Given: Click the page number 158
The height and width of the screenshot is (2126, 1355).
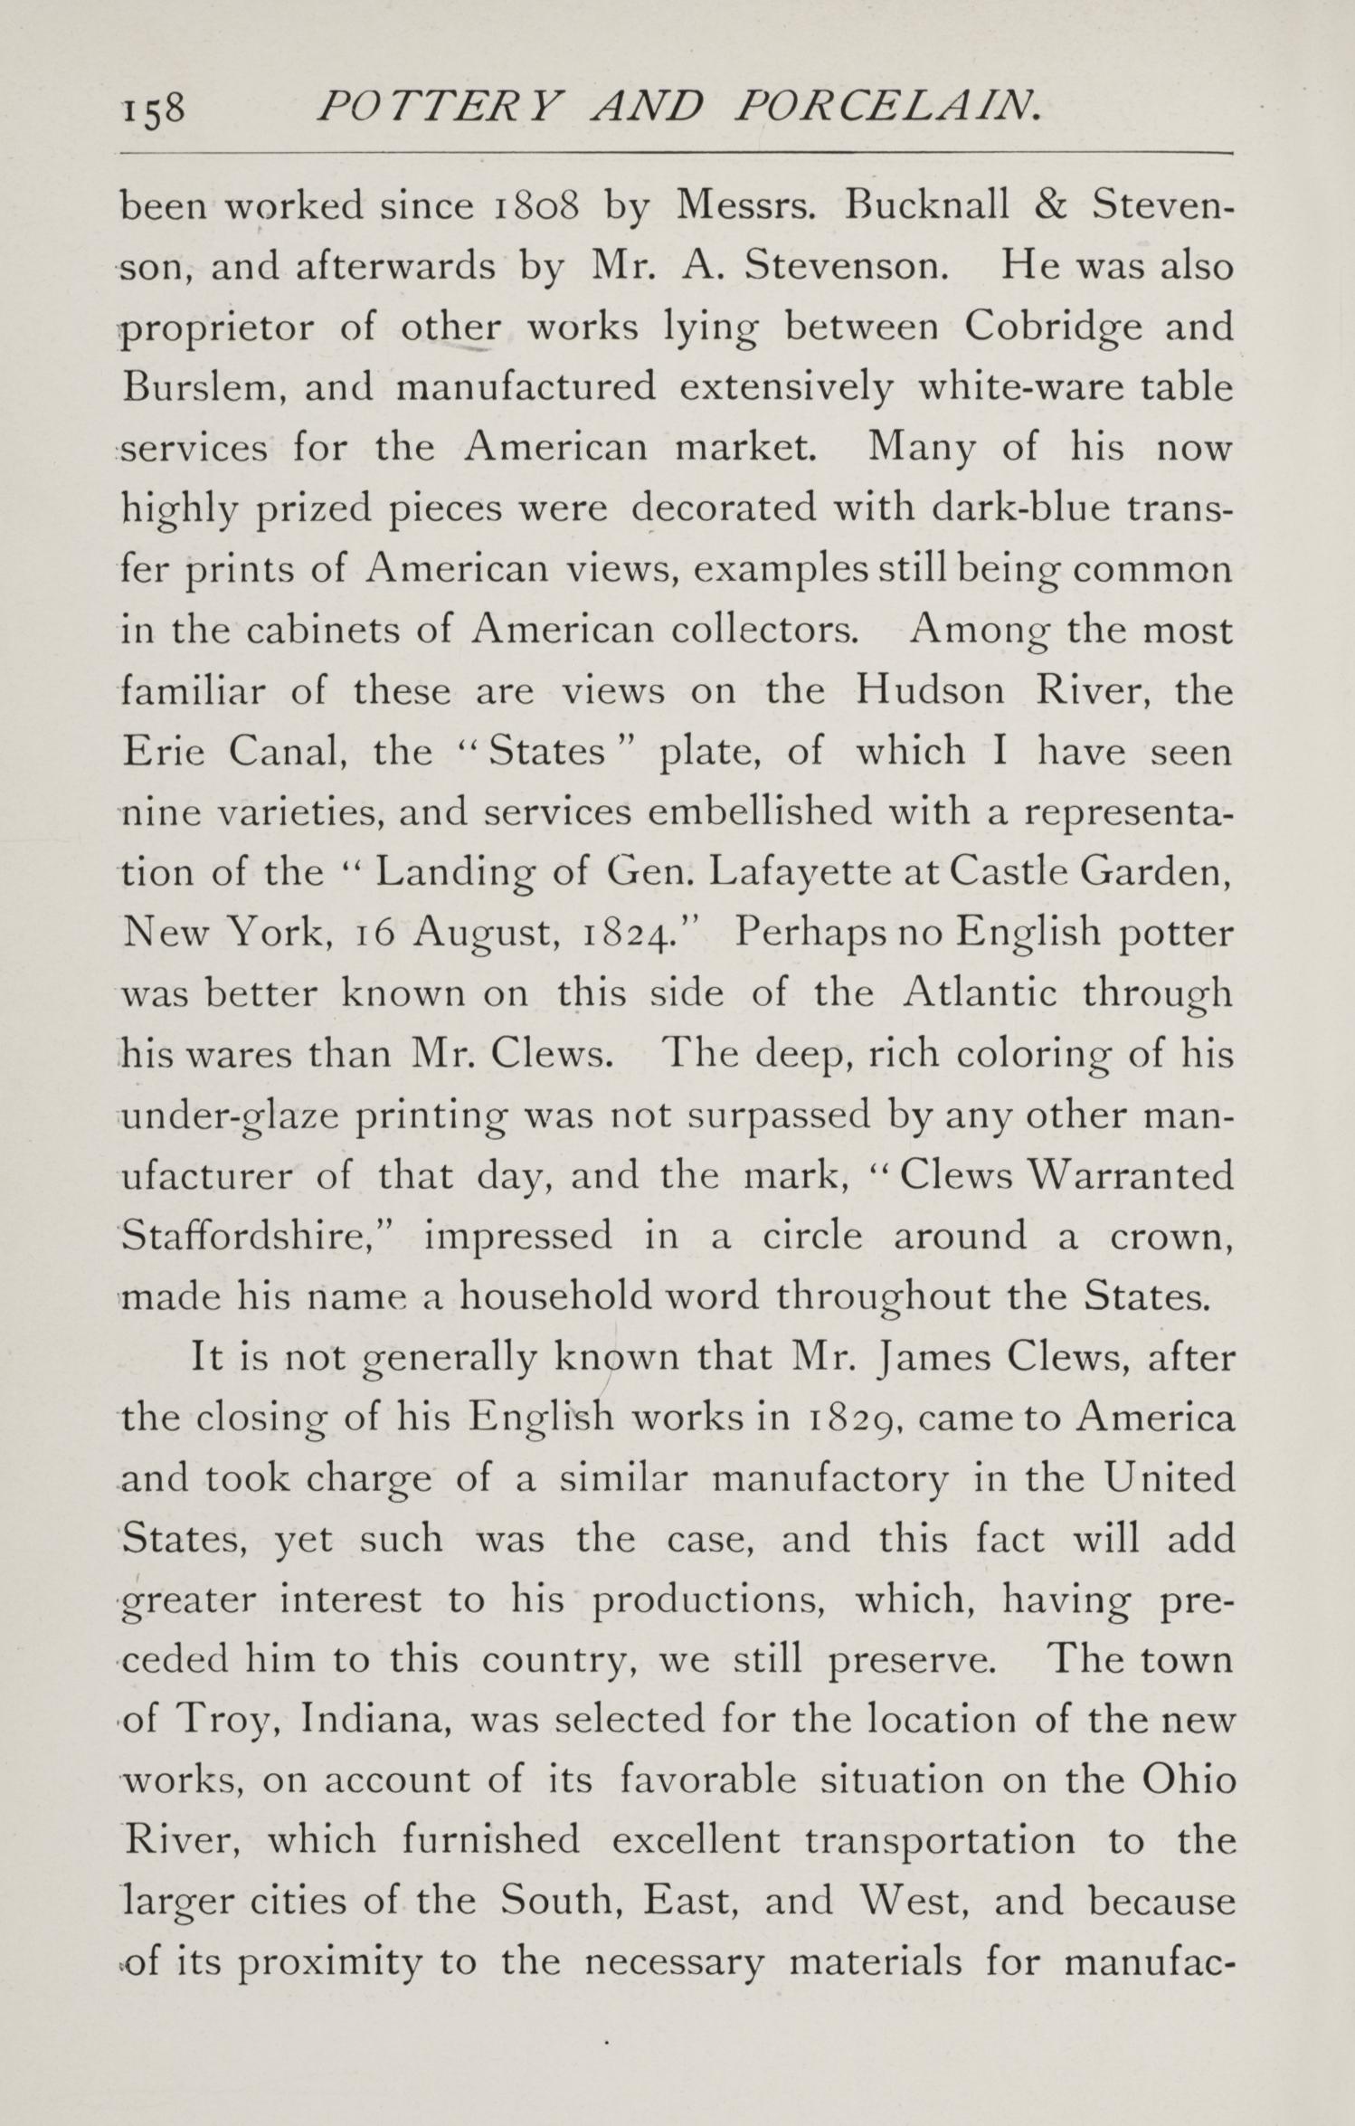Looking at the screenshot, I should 154,110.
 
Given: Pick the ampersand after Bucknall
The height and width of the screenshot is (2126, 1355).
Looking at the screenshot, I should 1047,207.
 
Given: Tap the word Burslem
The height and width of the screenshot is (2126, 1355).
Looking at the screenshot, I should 203,388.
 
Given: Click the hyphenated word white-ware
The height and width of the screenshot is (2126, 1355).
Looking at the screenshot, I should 1004,388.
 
